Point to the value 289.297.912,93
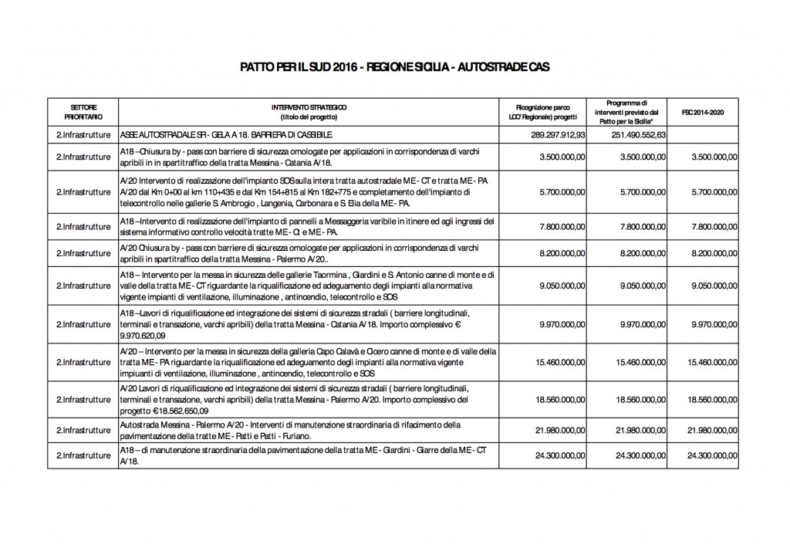click(554, 134)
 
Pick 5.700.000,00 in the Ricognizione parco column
click(559, 191)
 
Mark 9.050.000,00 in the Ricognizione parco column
click(559, 285)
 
